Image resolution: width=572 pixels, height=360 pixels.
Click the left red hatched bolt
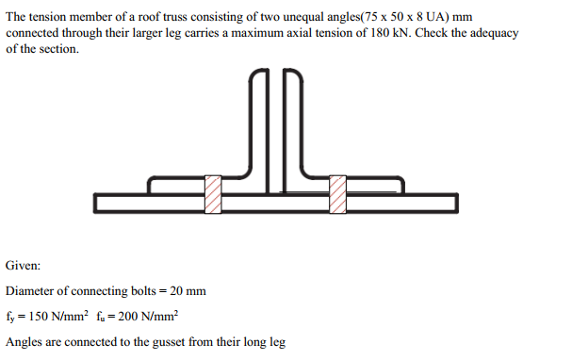(214, 193)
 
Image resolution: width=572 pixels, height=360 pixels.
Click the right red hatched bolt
(337, 193)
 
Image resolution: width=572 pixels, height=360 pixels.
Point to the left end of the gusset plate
(98, 203)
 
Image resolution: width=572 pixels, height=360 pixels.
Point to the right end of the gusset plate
(455, 203)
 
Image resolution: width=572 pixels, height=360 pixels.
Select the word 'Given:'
(23, 267)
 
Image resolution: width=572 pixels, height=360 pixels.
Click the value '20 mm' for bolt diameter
(187, 291)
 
